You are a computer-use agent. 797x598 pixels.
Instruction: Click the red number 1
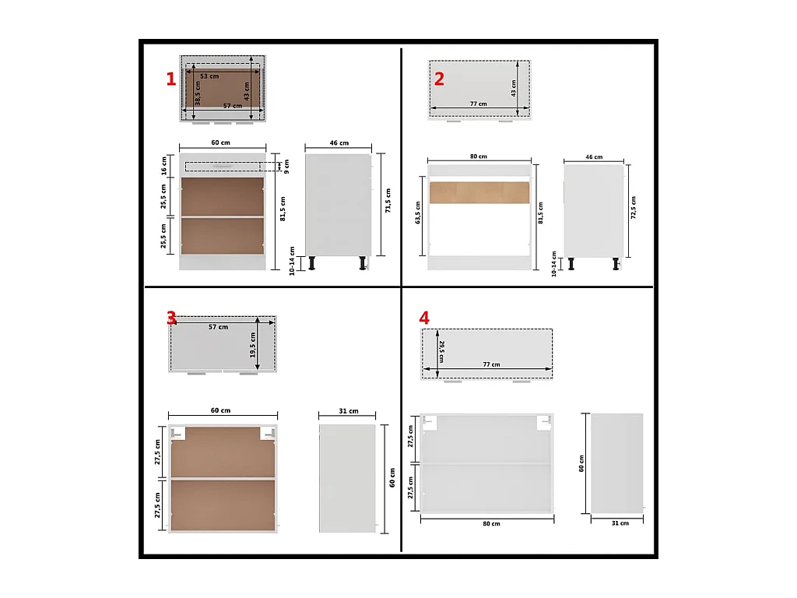[170, 79]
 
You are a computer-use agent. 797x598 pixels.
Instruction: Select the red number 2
[439, 79]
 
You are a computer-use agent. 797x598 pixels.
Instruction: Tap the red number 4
[424, 318]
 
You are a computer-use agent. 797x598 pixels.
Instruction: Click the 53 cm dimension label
[209, 76]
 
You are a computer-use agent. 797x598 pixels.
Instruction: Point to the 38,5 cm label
[198, 93]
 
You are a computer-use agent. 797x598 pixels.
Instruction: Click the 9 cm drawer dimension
[286, 167]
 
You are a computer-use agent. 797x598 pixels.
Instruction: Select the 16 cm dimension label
[163, 166]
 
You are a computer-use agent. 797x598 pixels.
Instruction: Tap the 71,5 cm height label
[388, 200]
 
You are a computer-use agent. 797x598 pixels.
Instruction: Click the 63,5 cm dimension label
[418, 213]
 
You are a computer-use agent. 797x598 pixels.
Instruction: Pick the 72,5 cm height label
[634, 208]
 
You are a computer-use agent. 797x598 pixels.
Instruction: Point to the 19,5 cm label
[253, 345]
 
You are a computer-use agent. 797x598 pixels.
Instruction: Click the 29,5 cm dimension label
[442, 351]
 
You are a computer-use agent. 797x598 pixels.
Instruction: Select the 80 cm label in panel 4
[492, 524]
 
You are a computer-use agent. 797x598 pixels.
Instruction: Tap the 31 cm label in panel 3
[349, 411]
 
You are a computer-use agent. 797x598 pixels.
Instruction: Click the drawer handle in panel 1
[223, 167]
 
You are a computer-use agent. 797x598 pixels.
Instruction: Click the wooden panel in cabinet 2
[479, 193]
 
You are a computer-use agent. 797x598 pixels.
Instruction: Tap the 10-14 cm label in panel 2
[554, 264]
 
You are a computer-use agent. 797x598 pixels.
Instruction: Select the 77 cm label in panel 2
[479, 104]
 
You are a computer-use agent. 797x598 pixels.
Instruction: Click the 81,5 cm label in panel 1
[283, 209]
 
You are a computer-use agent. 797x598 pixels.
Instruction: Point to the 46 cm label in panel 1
[339, 143]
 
